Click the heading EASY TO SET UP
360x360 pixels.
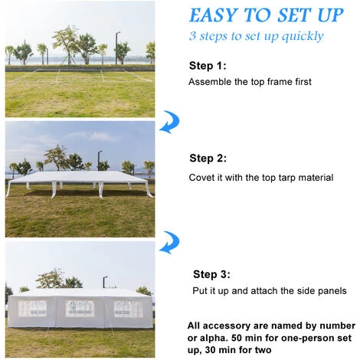[x=267, y=15]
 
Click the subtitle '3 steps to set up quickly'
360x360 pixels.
[x=257, y=36]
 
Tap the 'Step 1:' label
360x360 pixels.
[x=208, y=66]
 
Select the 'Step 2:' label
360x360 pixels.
[x=208, y=158]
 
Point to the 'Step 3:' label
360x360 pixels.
[x=211, y=274]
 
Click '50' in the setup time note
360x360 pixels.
[x=237, y=338]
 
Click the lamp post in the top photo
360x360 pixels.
[x=117, y=48]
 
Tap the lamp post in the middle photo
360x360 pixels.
[x=100, y=160]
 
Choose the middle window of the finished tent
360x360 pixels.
[x=80, y=309]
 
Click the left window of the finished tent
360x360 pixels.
[x=32, y=309]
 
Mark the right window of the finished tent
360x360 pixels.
[x=128, y=309]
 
